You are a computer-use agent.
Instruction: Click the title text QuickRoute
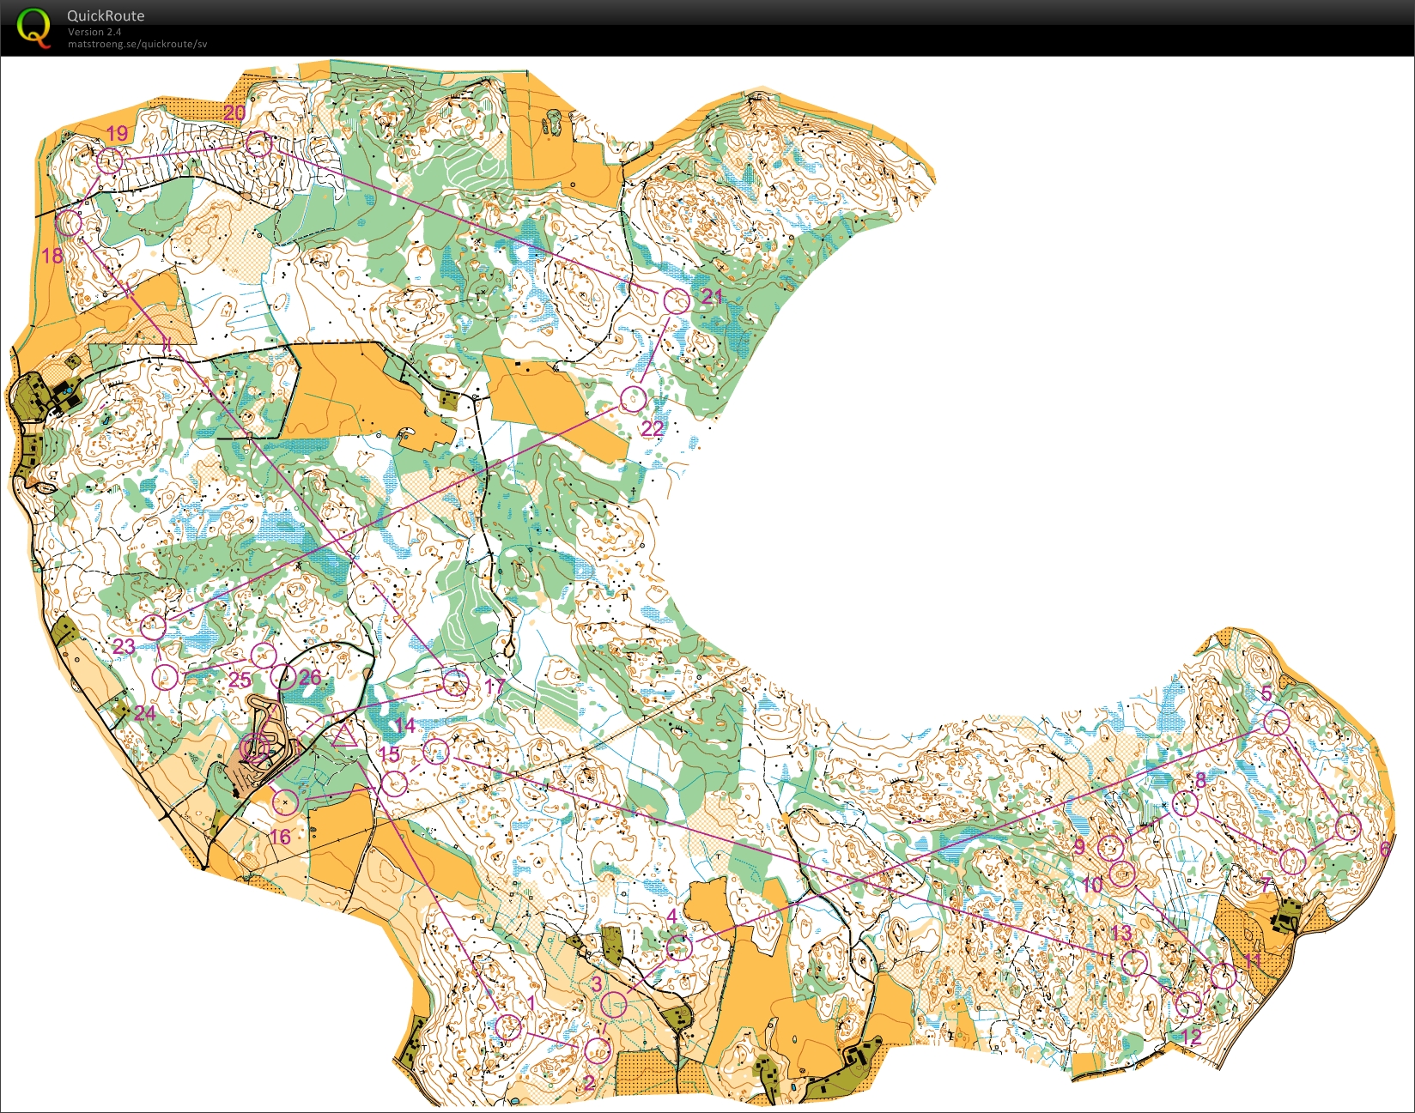click(x=106, y=15)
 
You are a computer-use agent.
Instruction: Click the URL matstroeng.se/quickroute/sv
click(x=137, y=44)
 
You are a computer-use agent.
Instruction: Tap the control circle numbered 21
click(x=677, y=301)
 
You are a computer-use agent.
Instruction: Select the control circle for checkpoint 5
click(x=1277, y=722)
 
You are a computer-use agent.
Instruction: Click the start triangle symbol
click(x=344, y=735)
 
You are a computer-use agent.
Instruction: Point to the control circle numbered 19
click(x=109, y=160)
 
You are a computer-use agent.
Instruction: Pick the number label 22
click(x=653, y=428)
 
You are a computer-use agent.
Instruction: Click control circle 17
click(x=456, y=683)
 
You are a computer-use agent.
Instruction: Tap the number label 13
click(x=1121, y=933)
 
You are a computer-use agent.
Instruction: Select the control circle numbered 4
click(x=679, y=948)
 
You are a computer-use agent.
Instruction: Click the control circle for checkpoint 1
click(x=508, y=1026)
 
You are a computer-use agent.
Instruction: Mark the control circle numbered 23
click(x=153, y=626)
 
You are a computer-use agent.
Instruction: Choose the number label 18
click(x=52, y=255)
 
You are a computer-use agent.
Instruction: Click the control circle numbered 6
click(x=1348, y=827)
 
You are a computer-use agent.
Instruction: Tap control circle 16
click(x=285, y=802)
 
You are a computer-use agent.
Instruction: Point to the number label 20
click(x=234, y=112)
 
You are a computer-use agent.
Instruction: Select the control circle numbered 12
click(x=1187, y=1004)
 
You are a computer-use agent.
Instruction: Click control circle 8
click(x=1184, y=804)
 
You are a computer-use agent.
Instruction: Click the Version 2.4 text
click(x=94, y=32)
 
